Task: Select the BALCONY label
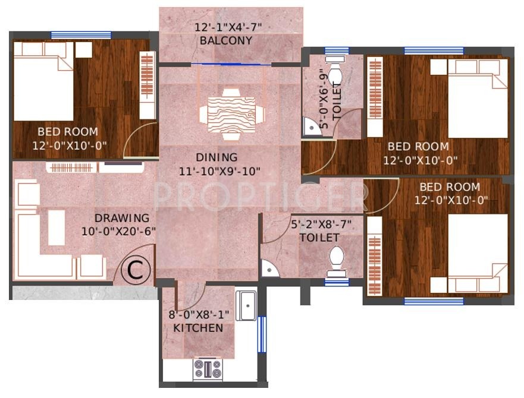[226, 41]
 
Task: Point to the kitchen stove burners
[207, 368]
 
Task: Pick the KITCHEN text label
[198, 328]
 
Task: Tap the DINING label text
[216, 157]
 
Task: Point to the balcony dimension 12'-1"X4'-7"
[228, 27]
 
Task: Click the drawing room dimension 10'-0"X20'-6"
[119, 230]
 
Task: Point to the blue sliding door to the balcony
[231, 64]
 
